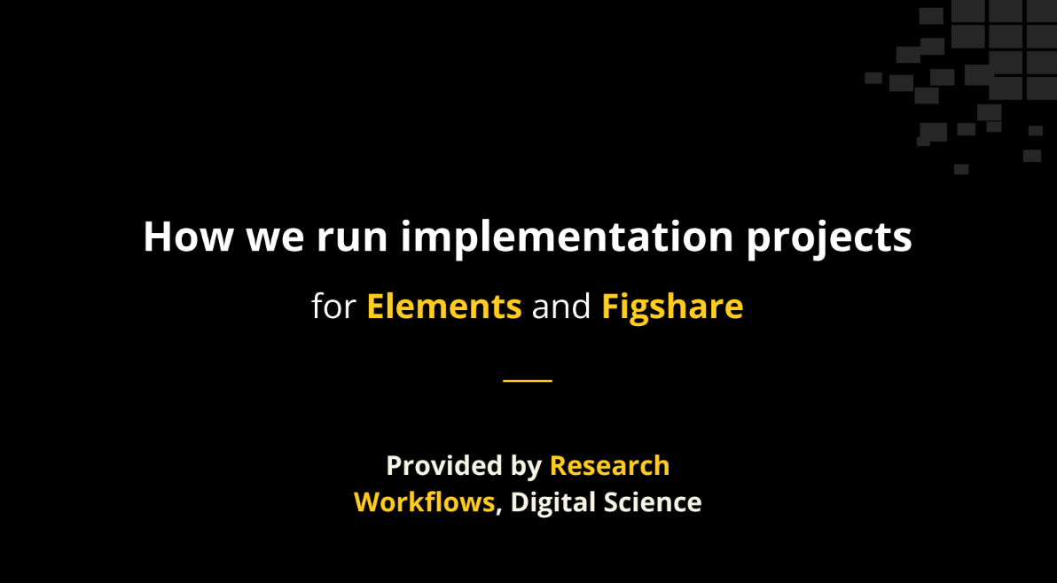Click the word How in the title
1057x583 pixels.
pyautogui.click(x=188, y=237)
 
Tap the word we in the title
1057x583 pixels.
pyautogui.click(x=275, y=240)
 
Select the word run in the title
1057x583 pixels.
pyautogui.click(x=352, y=240)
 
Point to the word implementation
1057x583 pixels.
pyautogui.click(x=567, y=237)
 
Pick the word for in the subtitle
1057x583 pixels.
pyautogui.click(x=333, y=306)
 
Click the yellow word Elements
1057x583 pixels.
pyautogui.click(x=444, y=306)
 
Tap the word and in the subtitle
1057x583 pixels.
pyautogui.click(x=560, y=306)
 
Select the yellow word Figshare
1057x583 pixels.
pyautogui.click(x=672, y=307)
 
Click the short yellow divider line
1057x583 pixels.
pyautogui.click(x=528, y=380)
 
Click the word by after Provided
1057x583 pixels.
pyautogui.click(x=527, y=467)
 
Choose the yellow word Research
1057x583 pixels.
pyautogui.click(x=609, y=466)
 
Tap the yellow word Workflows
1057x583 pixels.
pyautogui.click(x=425, y=502)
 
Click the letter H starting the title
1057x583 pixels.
pyautogui.click(x=158, y=237)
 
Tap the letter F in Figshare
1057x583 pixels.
pyautogui.click(x=610, y=306)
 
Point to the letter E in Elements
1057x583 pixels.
pyautogui.click(x=376, y=306)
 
